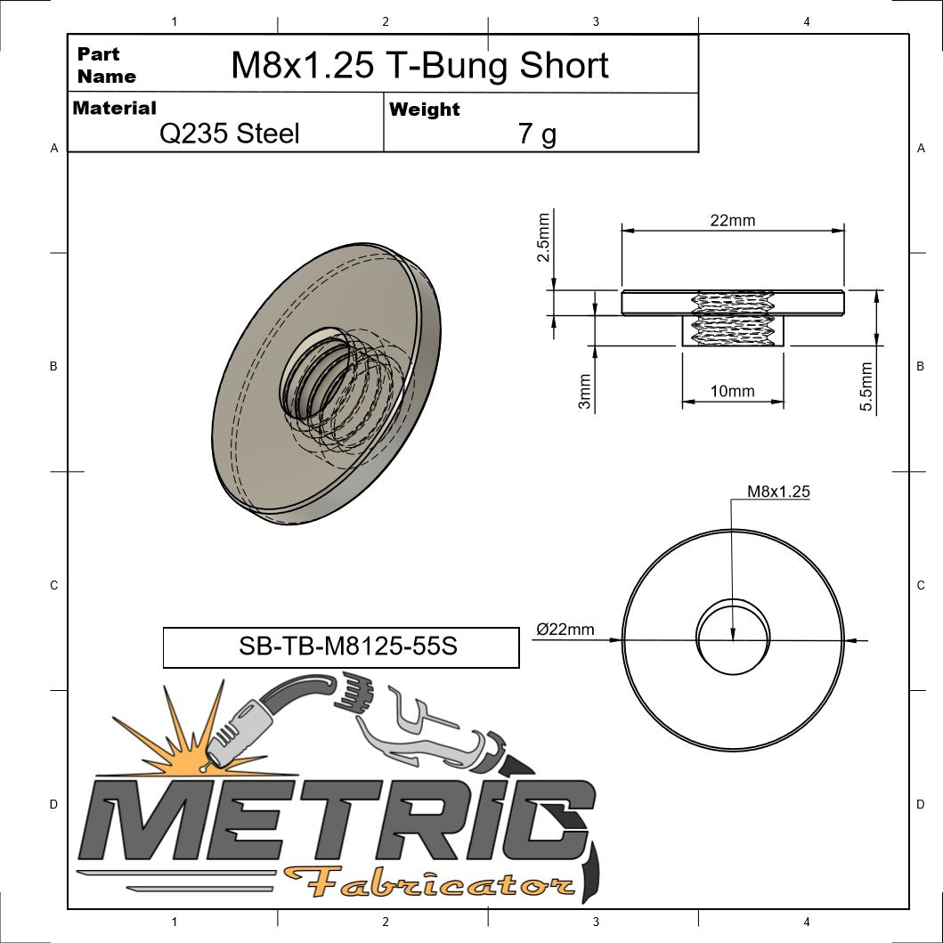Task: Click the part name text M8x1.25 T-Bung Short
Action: click(x=419, y=66)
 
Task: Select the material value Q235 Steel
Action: click(x=229, y=134)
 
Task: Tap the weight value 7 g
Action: click(x=537, y=134)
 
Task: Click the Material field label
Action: click(x=114, y=109)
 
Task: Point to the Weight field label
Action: click(x=425, y=110)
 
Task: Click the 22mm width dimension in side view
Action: click(x=732, y=220)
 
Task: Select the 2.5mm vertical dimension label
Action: click(x=543, y=236)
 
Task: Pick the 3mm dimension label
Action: click(x=584, y=391)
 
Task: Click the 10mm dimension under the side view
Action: click(x=733, y=391)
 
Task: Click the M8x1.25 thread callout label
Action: click(x=778, y=491)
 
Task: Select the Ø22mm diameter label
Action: click(x=565, y=630)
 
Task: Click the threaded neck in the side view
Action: click(x=733, y=330)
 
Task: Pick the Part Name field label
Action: click(x=106, y=65)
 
